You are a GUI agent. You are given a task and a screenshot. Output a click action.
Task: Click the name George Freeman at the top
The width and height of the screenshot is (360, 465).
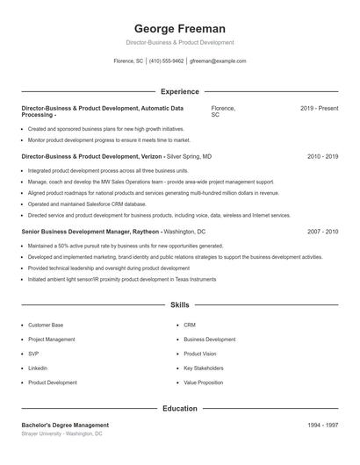pos(180,28)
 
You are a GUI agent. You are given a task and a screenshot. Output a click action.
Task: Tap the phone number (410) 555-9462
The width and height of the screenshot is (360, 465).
pos(167,61)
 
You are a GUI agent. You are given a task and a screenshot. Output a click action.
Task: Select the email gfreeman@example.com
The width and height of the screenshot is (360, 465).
pos(218,61)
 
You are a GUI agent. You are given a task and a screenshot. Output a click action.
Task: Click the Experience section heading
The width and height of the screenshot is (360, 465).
pos(180,91)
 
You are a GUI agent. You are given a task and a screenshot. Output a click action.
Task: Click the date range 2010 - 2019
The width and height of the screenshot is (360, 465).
pos(322,155)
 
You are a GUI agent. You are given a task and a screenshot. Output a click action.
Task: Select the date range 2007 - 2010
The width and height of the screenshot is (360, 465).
pos(322,232)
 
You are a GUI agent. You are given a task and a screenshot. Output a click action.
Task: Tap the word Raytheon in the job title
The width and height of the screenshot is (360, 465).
pos(146,232)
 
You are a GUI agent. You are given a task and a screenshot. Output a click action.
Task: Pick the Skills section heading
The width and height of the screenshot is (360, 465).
pos(180,305)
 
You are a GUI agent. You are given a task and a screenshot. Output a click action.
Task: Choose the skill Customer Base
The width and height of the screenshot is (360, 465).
pos(46,325)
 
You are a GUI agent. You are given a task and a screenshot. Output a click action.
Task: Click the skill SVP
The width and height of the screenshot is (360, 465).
pos(32,354)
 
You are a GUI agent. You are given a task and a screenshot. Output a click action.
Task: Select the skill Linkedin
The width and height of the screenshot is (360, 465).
pos(38,368)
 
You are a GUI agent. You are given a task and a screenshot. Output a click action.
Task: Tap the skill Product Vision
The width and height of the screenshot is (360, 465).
pos(199,354)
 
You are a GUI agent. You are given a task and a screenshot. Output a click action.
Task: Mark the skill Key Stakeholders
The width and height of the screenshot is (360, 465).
pos(203,368)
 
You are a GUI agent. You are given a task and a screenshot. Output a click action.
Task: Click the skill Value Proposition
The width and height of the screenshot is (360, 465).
pos(204,383)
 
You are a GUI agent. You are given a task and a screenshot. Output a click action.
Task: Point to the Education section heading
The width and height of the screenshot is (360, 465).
pos(180,408)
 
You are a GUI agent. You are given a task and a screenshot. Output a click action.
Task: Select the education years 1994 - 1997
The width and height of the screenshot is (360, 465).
pos(322,425)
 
